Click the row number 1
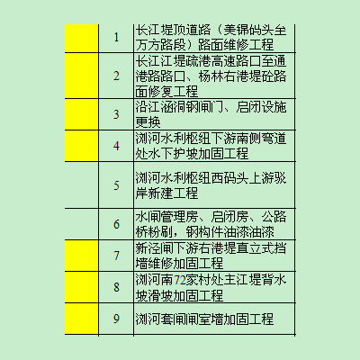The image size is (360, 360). tap(116, 38)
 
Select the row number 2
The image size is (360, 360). tap(116, 76)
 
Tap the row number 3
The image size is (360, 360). tap(116, 114)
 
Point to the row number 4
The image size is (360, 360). tap(116, 146)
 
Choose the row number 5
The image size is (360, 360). tap(116, 185)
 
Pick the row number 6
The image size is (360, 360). tap(116, 224)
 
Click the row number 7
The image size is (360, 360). tap(116, 256)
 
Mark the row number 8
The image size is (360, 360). tap(116, 287)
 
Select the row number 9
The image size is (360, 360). tap(116, 319)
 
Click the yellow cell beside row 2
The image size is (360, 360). tap(82, 76)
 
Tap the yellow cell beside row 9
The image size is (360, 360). tap(82, 319)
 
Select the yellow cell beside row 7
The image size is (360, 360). tap(82, 256)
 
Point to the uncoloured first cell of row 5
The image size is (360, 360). tap(82, 185)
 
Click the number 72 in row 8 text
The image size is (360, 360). tap(180, 280)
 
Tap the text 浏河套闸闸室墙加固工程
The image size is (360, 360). tap(204, 319)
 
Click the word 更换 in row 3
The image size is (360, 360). tap(148, 121)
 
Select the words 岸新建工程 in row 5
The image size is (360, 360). tap(166, 193)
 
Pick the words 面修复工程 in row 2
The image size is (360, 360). tap(166, 91)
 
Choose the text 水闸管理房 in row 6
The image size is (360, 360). tap(166, 217)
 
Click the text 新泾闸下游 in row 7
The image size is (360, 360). tap(166, 248)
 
